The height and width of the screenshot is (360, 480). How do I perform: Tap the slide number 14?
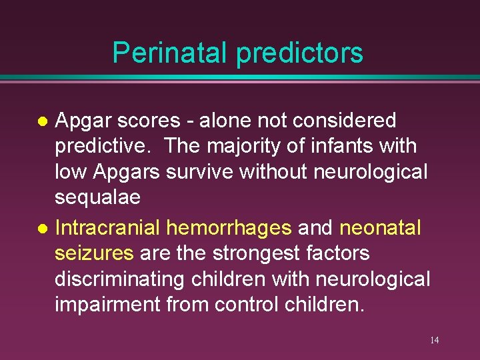pos(434,341)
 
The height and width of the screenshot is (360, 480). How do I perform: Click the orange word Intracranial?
pos(107,228)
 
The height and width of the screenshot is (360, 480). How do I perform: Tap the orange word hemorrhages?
pos(229,228)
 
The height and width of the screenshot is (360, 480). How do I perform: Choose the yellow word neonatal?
pos(381,228)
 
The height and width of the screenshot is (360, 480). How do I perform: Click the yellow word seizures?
pos(94,253)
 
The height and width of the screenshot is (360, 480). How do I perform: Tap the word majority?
pos(253,146)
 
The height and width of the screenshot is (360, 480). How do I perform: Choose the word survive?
pos(203,173)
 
